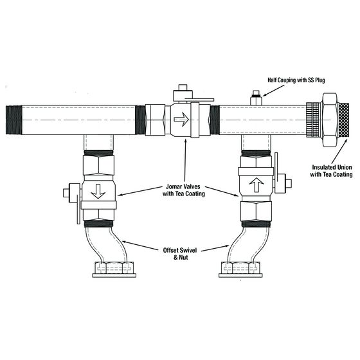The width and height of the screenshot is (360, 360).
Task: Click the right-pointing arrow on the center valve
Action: [x=183, y=120]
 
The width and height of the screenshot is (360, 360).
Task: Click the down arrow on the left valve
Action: [x=98, y=193]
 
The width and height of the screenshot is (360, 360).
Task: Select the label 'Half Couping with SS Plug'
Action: [x=303, y=81]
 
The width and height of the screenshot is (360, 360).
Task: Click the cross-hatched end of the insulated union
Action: [x=344, y=120]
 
